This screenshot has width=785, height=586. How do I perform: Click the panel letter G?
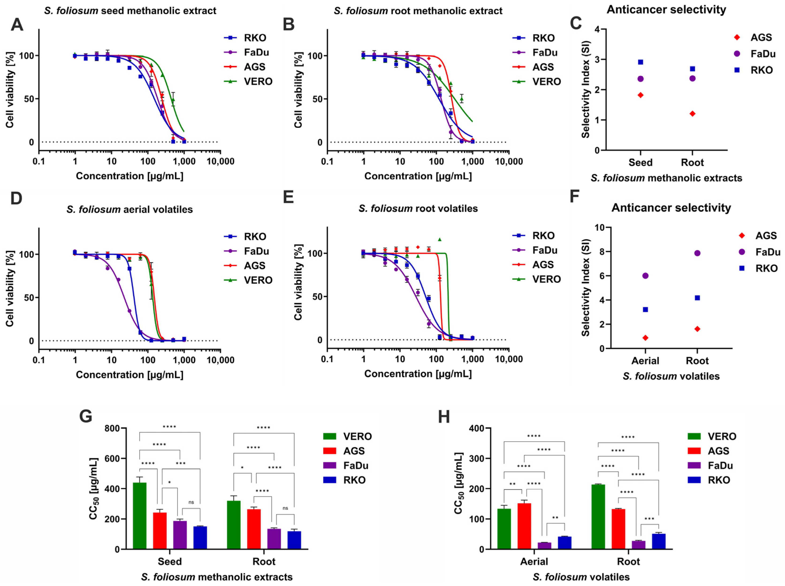coord(86,416)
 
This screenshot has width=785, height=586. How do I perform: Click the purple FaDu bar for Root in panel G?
coord(274,539)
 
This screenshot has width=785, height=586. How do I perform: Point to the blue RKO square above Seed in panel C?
coord(640,62)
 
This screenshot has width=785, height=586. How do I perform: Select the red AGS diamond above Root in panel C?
coord(692,113)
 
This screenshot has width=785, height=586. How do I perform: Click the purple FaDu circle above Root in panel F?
coord(697,253)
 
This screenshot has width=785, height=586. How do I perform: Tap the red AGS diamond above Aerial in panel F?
coord(646,338)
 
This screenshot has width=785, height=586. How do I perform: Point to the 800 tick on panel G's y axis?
coord(112,428)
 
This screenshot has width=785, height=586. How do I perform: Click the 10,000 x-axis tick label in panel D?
coord(220,360)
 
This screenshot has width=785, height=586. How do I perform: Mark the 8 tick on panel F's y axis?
coord(602,252)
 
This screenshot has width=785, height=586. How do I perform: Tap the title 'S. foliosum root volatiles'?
coord(418,208)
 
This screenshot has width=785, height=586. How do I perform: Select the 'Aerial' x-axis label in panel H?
coord(534,562)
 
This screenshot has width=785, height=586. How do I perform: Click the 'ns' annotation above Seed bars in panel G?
coord(191,502)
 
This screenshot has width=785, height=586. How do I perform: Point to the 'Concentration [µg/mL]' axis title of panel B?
coord(418,176)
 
